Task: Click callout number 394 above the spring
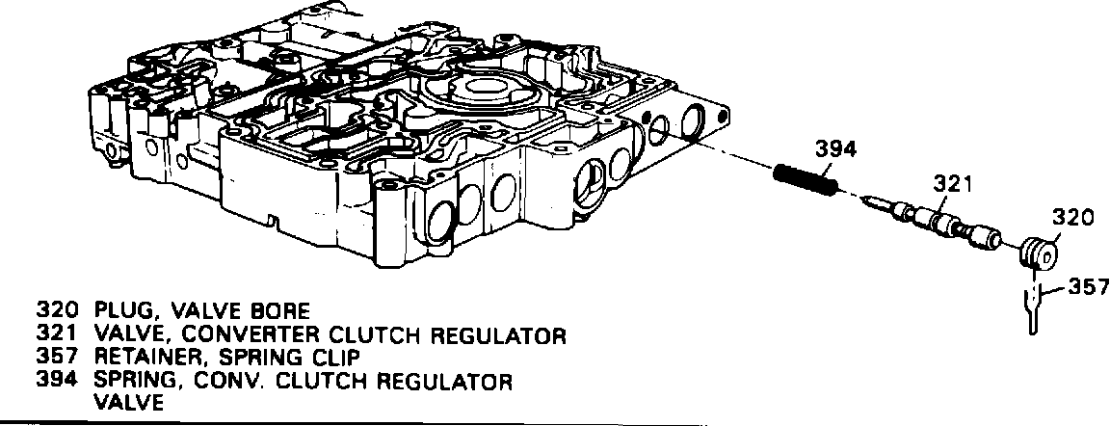coord(835,149)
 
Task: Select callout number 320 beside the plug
coord(1072,218)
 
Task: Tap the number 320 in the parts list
coord(57,310)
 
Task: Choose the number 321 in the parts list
coord(57,334)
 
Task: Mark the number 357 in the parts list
coord(57,358)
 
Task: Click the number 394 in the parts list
coord(57,381)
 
